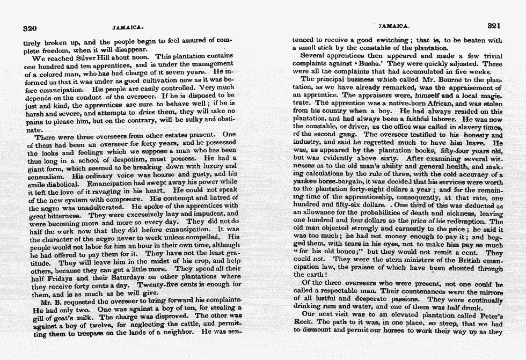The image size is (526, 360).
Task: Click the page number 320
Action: (30, 28)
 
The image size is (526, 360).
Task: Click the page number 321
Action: (493, 26)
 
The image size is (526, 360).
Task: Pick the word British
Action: (455, 260)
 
